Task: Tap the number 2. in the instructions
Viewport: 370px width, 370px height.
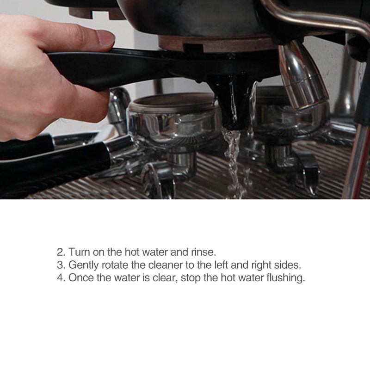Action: (61, 252)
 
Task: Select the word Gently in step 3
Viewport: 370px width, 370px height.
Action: (84, 265)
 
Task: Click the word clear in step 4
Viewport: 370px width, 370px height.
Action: (165, 277)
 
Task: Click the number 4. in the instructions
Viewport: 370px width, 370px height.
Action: (61, 278)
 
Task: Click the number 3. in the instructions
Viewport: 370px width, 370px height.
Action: (61, 265)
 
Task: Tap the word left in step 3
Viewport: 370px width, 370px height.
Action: (222, 265)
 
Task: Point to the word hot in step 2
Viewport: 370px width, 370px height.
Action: (132, 252)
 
